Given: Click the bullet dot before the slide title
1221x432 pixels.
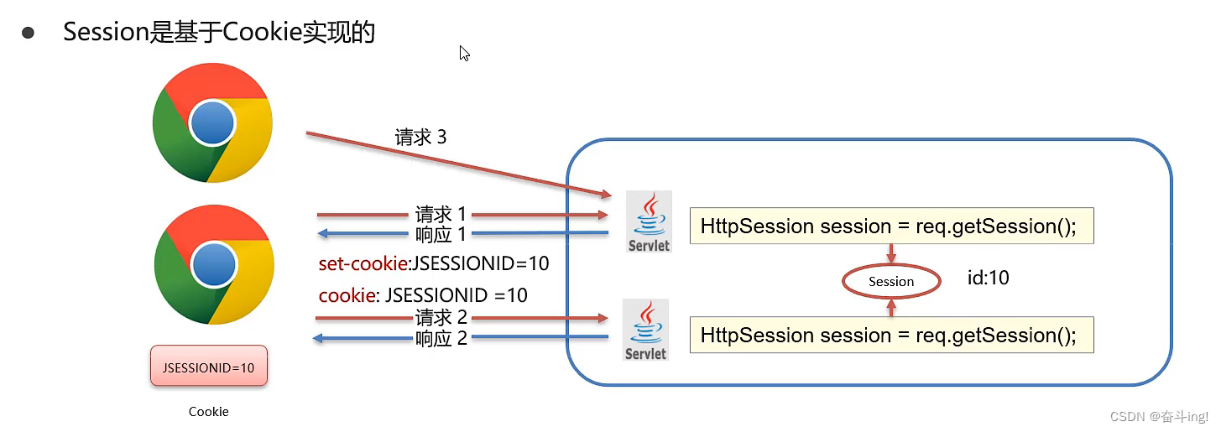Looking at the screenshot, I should pyautogui.click(x=29, y=33).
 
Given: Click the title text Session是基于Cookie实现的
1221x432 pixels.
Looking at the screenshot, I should pyautogui.click(x=219, y=33).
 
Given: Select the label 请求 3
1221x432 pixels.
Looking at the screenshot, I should pyautogui.click(x=420, y=138).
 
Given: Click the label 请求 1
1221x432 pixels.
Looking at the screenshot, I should pyautogui.click(x=441, y=216).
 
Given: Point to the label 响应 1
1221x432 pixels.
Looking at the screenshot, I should pyautogui.click(x=441, y=234).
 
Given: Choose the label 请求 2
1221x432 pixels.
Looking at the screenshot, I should pyautogui.click(x=441, y=319).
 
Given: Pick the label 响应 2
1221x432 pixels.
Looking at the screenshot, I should pyautogui.click(x=441, y=338).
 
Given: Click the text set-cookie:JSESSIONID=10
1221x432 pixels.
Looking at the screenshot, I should pyautogui.click(x=433, y=263).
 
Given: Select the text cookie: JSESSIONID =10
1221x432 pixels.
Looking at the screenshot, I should pyautogui.click(x=423, y=295).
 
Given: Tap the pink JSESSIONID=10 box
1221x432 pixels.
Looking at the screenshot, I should pyautogui.click(x=209, y=367).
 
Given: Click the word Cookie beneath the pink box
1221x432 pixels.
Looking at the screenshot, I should pyautogui.click(x=208, y=412).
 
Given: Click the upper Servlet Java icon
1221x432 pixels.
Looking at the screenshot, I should pyautogui.click(x=649, y=221).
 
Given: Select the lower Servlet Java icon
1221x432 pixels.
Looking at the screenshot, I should pyautogui.click(x=645, y=330).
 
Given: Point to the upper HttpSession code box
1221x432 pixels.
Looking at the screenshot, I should pyautogui.click(x=891, y=226).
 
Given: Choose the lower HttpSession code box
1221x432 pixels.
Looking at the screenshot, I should pyautogui.click(x=891, y=335).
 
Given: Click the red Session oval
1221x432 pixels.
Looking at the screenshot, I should pyautogui.click(x=890, y=282).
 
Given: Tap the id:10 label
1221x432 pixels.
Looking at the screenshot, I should pyautogui.click(x=988, y=278).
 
